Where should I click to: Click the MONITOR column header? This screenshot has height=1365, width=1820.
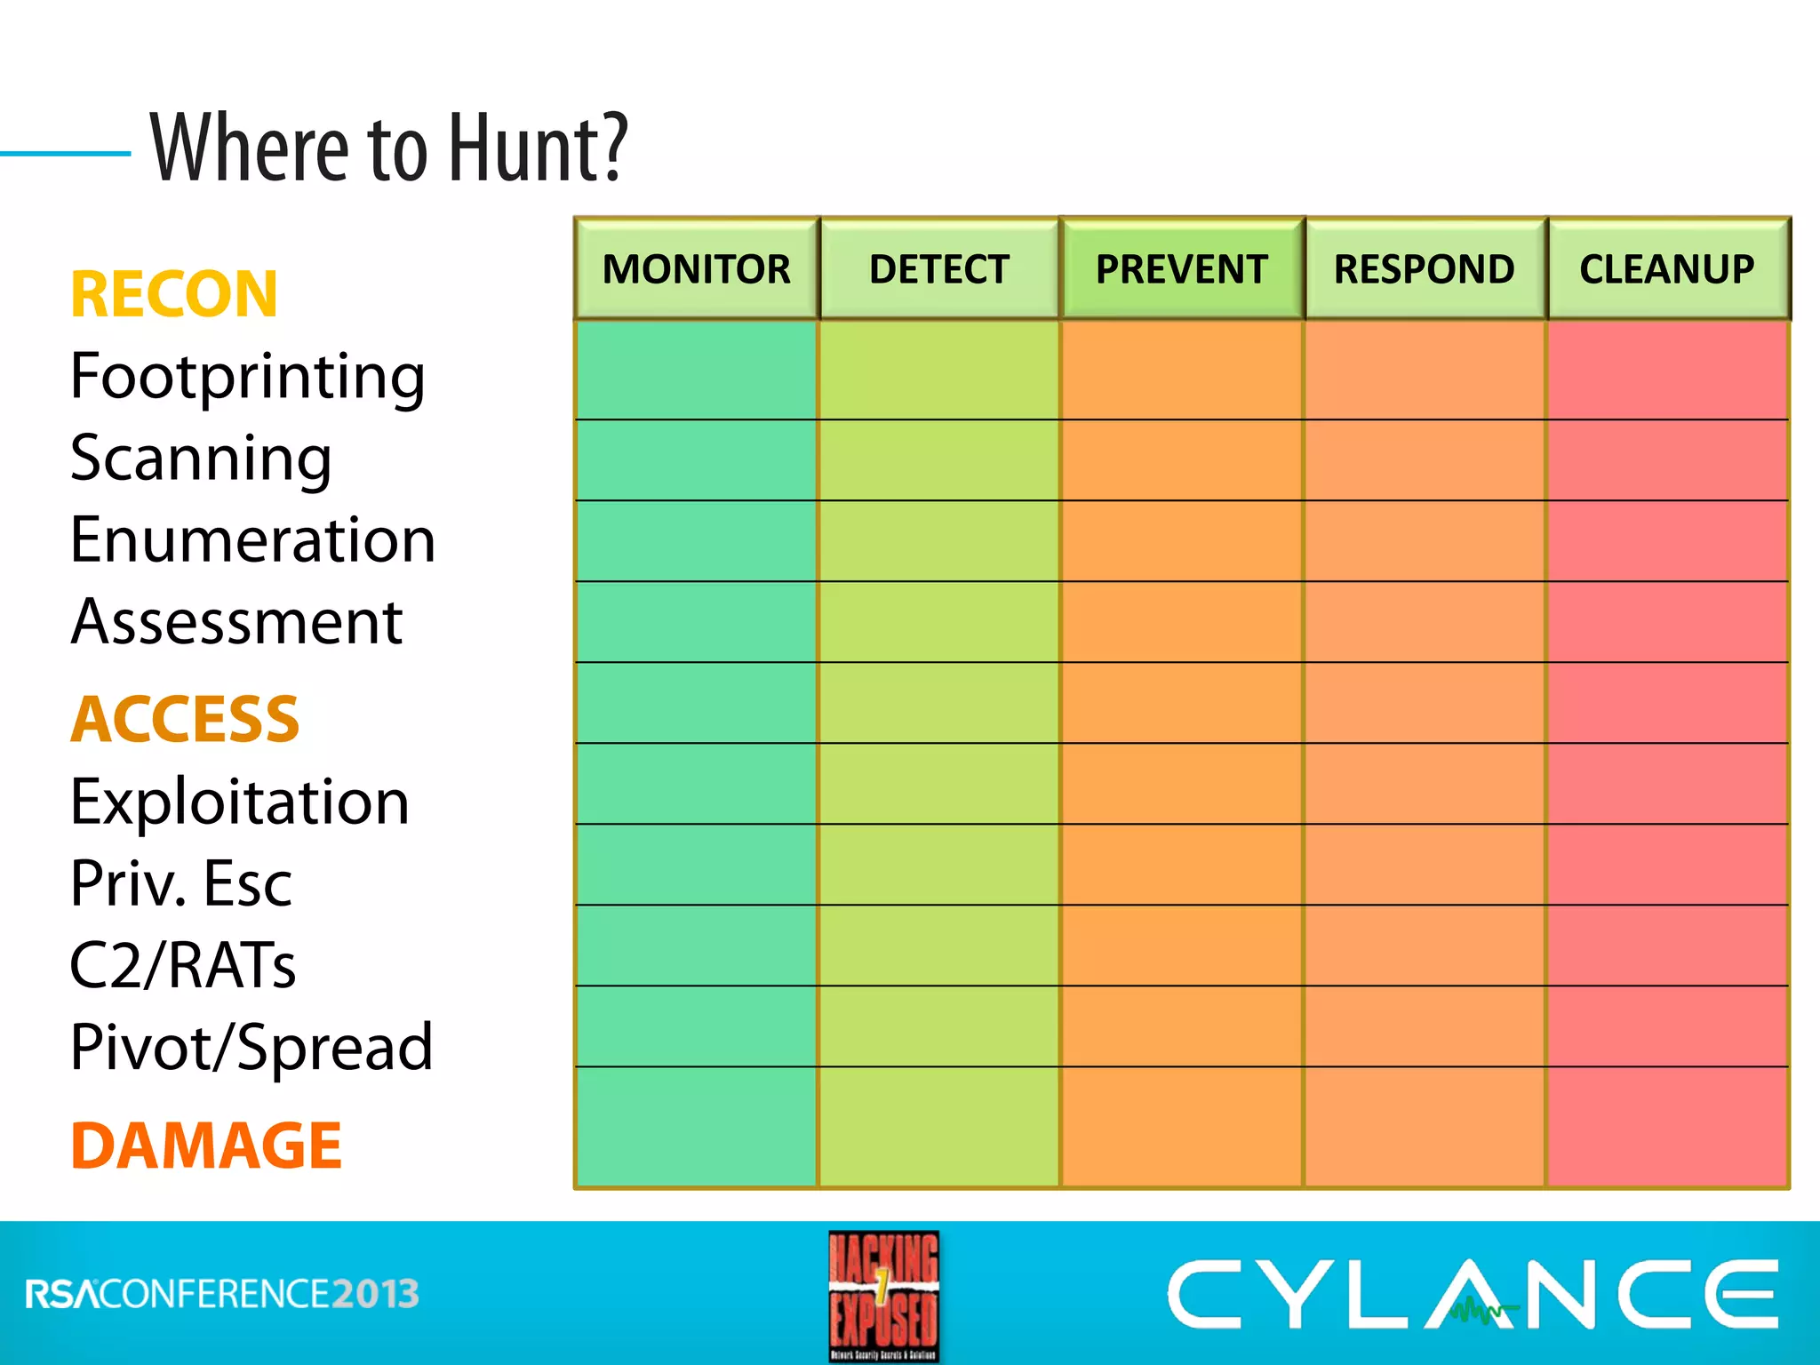point(696,268)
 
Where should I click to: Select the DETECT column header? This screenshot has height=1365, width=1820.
point(939,268)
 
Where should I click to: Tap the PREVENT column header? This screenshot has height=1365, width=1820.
point(1182,268)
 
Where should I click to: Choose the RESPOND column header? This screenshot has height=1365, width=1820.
point(1425,268)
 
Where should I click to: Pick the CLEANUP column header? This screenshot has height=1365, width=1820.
point(1667,268)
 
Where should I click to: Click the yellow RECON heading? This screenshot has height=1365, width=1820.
point(174,294)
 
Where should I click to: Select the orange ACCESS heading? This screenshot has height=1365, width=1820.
point(185,719)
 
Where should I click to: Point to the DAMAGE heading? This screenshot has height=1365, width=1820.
point(206,1145)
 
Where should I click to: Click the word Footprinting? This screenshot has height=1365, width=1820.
point(248,377)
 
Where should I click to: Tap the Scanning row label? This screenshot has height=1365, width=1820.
point(201,459)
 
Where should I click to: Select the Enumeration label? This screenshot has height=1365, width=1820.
point(253,539)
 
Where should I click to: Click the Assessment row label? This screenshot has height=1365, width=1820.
point(237,621)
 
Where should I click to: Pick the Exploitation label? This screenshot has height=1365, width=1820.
point(240,802)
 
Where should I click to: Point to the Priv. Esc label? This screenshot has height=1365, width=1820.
point(181,883)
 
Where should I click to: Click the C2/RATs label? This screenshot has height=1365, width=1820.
point(183,965)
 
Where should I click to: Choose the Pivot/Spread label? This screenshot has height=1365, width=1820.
point(251,1047)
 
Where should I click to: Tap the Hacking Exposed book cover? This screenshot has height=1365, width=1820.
point(883,1296)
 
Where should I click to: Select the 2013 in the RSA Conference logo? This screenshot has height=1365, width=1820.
point(375,1294)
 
